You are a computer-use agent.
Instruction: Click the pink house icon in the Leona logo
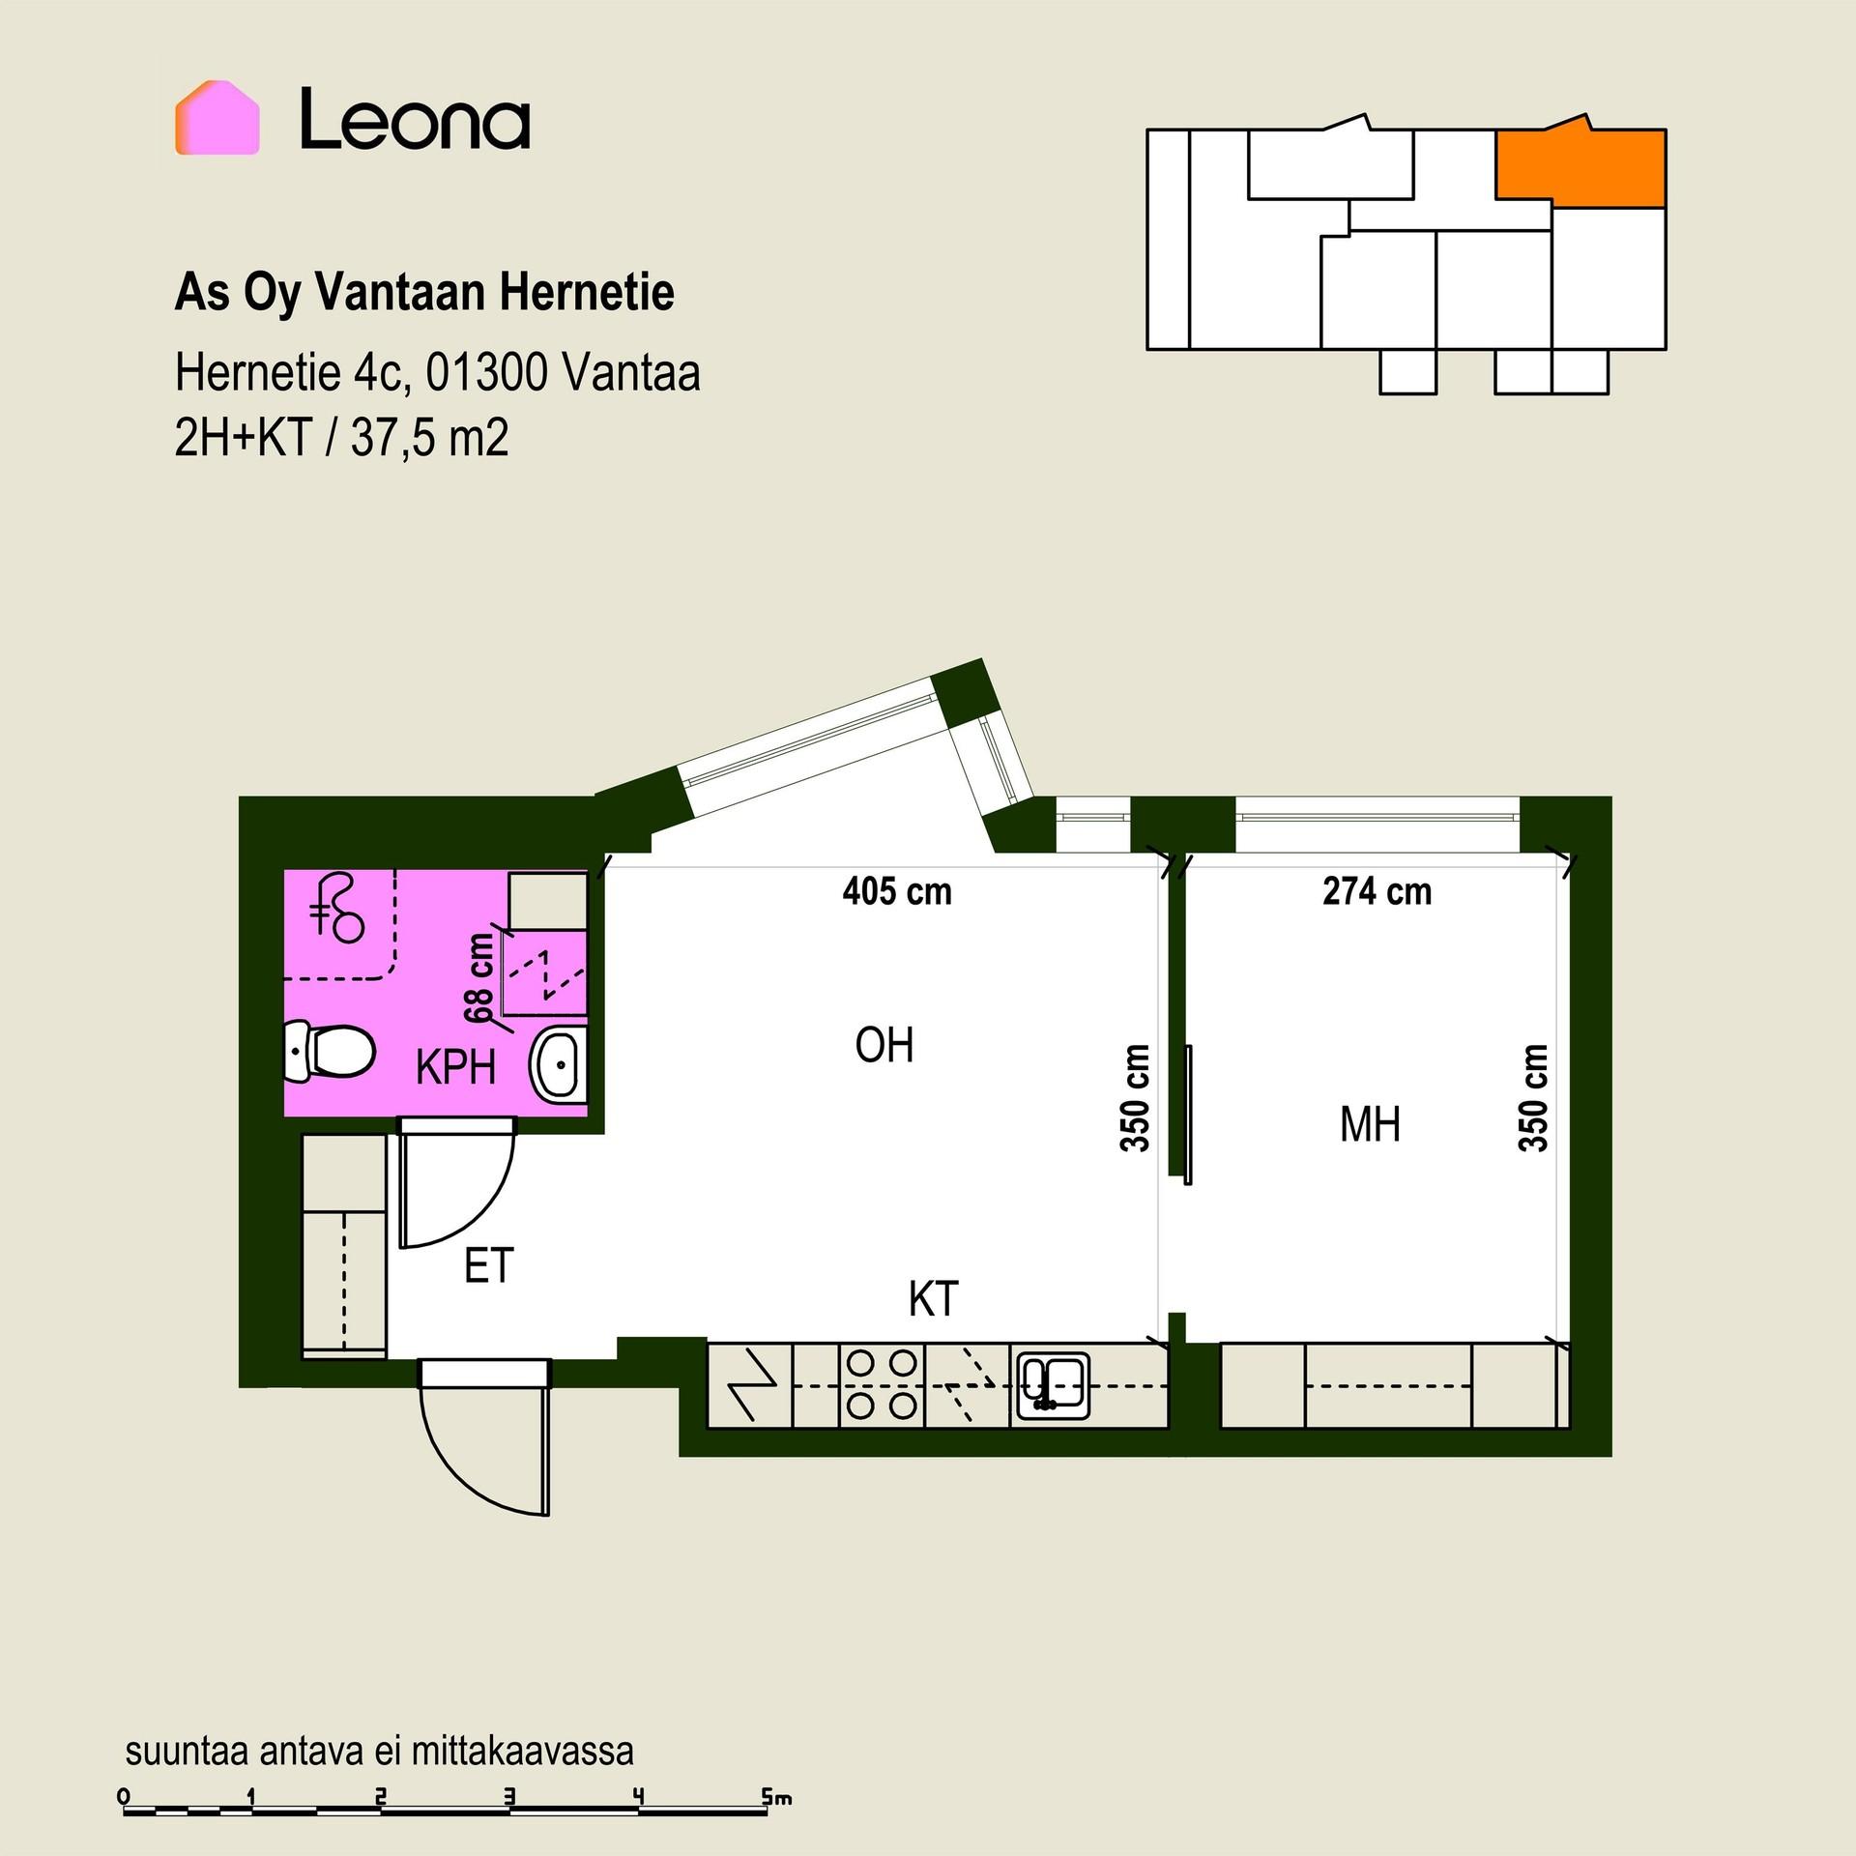(217, 118)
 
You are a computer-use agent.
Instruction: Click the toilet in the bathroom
(328, 1051)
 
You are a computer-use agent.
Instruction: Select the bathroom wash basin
(559, 1066)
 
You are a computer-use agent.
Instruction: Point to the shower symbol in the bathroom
(336, 908)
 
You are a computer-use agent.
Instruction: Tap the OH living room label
(884, 1045)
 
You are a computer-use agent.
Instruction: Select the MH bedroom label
(1370, 1124)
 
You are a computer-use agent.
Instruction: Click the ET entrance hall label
(488, 1266)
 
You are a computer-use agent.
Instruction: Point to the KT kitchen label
(933, 1300)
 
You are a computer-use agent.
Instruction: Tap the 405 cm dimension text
(897, 891)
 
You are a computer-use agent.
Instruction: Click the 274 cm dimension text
(1377, 891)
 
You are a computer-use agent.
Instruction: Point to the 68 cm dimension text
(479, 977)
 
